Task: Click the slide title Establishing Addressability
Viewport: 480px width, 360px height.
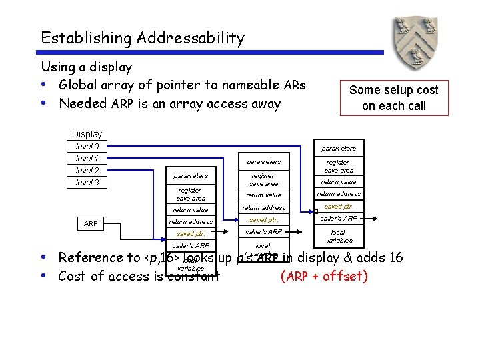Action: tap(142, 38)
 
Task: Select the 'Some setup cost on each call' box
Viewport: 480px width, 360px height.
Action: tap(393, 98)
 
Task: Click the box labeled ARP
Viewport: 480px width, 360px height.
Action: tap(91, 224)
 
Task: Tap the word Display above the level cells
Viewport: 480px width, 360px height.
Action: tap(87, 134)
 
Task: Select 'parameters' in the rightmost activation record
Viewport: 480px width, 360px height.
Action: tap(338, 148)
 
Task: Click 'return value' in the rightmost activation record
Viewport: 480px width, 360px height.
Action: tap(338, 182)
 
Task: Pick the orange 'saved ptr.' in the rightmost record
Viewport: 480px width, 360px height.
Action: tap(338, 207)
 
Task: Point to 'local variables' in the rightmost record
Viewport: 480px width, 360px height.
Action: tap(338, 236)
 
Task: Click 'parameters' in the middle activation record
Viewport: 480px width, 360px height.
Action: tap(263, 162)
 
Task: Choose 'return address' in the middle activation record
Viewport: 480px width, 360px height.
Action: tap(263, 208)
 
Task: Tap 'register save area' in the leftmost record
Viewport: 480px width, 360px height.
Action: tap(191, 194)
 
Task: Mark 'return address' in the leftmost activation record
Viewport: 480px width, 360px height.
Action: tap(191, 222)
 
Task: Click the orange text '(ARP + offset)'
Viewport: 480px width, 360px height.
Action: tap(324, 276)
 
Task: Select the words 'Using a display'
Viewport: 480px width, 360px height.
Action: tap(87, 67)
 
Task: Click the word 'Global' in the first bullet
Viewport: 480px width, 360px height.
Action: tap(77, 85)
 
